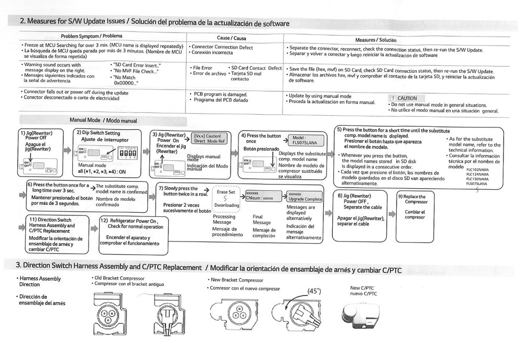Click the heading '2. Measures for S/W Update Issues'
84,23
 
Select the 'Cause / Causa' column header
231,38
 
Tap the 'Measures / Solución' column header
375,40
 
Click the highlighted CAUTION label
407,98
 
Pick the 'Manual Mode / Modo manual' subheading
103,120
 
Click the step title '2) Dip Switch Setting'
98,133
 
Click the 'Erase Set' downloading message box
227,199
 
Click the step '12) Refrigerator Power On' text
132,224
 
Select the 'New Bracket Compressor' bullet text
235,280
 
